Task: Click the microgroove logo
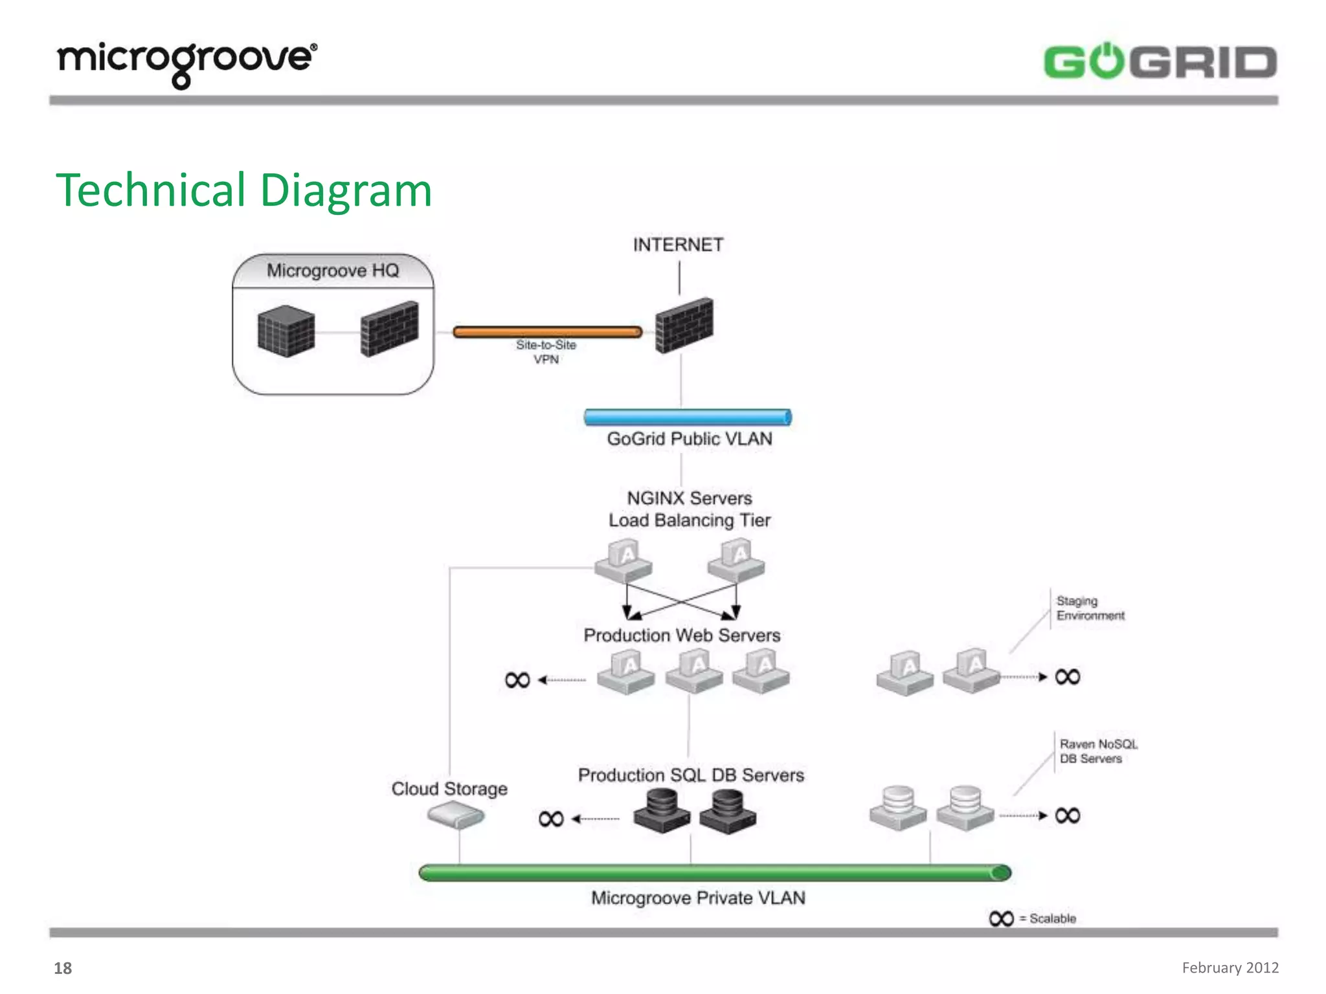(187, 63)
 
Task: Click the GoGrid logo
(1160, 63)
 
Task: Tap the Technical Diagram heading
(244, 190)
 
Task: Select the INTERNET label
(678, 245)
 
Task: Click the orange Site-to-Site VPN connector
(547, 332)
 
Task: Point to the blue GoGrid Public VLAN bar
(688, 417)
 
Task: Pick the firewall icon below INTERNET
(684, 325)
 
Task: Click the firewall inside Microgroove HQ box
(389, 329)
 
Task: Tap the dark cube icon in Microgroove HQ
(286, 331)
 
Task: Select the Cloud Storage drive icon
(456, 815)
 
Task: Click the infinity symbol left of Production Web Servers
(517, 680)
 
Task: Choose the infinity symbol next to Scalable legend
(1001, 919)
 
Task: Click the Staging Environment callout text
(1090, 608)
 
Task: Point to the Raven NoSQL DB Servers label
(1097, 751)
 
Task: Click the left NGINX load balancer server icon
(624, 561)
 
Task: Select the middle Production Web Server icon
(694, 672)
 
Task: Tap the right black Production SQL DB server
(728, 812)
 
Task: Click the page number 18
(63, 968)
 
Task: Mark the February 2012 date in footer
(1230, 967)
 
